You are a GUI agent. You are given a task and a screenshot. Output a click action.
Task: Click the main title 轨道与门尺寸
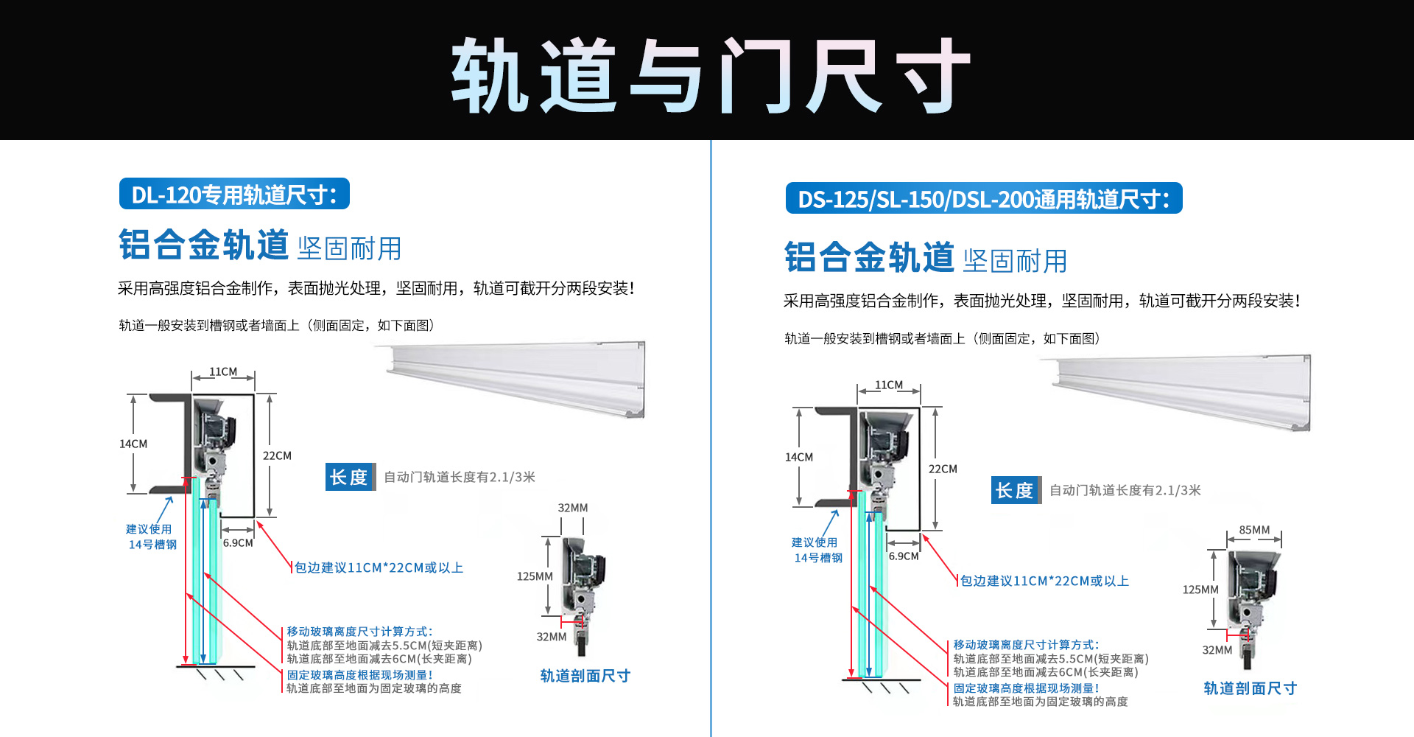(711, 75)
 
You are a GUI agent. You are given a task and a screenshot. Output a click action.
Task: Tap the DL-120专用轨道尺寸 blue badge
(234, 195)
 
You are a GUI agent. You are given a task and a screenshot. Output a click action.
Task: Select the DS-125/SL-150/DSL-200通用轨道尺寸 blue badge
(984, 199)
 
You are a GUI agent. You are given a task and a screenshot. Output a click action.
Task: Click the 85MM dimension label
(1254, 530)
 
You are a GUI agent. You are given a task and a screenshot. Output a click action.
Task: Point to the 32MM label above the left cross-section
(573, 508)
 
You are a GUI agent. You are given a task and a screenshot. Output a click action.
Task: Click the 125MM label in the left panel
(535, 576)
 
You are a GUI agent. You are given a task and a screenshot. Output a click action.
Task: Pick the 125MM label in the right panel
(1200, 590)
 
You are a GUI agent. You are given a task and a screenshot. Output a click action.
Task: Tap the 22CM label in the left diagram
(277, 455)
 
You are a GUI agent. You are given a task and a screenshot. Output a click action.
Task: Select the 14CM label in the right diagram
(799, 457)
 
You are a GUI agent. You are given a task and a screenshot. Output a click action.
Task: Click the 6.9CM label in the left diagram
(238, 542)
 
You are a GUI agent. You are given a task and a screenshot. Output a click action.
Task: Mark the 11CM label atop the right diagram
(889, 385)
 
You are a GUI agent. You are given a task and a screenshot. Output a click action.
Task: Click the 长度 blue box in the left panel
(350, 477)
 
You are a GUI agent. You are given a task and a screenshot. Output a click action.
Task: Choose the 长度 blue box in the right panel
(1016, 490)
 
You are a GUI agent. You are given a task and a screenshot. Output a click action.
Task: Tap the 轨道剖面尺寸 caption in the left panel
(585, 676)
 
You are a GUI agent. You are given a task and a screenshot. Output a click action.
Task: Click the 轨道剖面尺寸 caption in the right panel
(1251, 688)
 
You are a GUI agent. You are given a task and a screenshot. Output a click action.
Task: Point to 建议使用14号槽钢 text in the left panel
(152, 537)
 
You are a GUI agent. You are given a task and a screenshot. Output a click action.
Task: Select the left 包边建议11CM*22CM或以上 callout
(379, 567)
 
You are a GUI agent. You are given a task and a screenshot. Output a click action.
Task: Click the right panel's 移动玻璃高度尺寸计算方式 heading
(1026, 645)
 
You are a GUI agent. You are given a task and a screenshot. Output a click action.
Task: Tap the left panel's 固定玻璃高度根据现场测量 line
(359, 675)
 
